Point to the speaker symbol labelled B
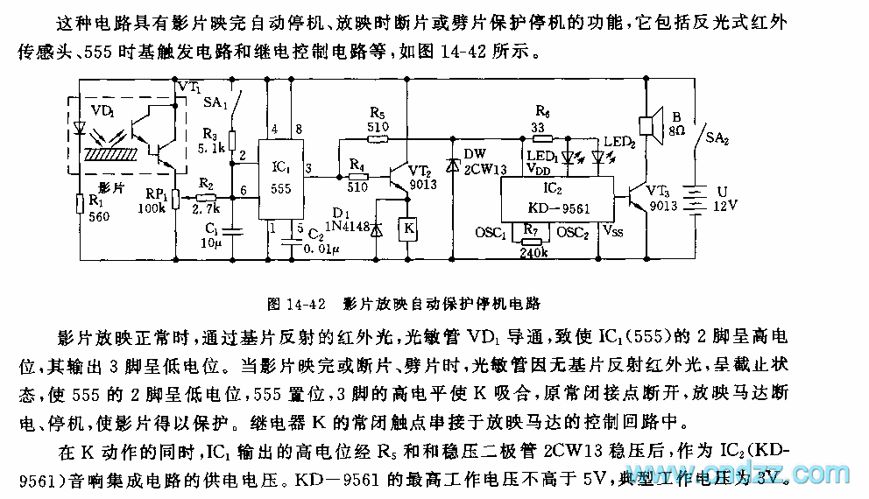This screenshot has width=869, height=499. tap(649, 125)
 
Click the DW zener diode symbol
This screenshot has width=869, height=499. tap(452, 162)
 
